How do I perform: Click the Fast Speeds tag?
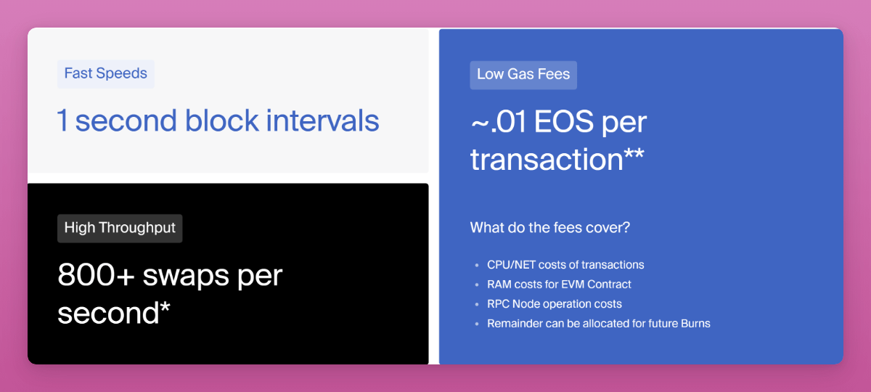(x=106, y=74)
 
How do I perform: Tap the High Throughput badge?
(x=120, y=228)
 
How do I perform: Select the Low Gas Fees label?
(x=523, y=75)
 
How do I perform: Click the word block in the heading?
(x=221, y=121)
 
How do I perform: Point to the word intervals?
(x=322, y=121)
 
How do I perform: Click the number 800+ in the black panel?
(x=96, y=275)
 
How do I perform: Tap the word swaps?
(x=186, y=277)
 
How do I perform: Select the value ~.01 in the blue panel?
(x=498, y=122)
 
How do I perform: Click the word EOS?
(x=564, y=122)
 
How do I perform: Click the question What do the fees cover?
(x=550, y=227)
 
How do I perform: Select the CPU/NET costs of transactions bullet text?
(x=565, y=265)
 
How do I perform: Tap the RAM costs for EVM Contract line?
(x=559, y=285)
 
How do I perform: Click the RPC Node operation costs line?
(x=555, y=304)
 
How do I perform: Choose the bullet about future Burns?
(x=599, y=324)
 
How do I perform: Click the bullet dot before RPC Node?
(x=477, y=304)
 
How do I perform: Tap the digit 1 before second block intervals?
(x=62, y=121)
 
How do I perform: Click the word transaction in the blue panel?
(x=547, y=160)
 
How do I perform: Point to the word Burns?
(x=695, y=324)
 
